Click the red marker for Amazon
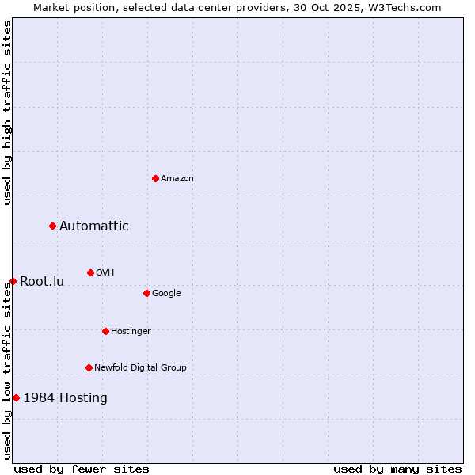pos(155,178)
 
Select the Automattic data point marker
pos(53,226)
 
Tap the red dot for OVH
pos(90,272)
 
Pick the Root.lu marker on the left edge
pos(13,281)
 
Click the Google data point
pos(146,293)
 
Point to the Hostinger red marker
pos(105,331)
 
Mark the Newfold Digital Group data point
pos(89,367)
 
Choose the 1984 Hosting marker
pos(16,397)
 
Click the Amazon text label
pos(177,179)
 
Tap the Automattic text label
pos(93,226)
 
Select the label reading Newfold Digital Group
pos(140,367)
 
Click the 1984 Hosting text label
pos(65,397)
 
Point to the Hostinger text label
pos(131,331)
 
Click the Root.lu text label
pos(42,282)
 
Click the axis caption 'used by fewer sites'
pos(81,469)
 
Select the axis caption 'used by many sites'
pos(397,469)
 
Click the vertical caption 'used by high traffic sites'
pos(7,112)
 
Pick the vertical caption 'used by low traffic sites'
pos(7,371)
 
